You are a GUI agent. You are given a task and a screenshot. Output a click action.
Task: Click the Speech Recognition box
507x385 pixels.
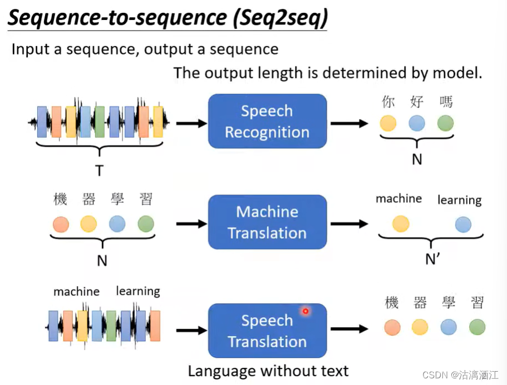[267, 121]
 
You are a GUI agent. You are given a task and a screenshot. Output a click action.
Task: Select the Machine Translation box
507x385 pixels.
[267, 222]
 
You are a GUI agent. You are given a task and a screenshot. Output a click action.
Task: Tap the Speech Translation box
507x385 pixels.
[267, 331]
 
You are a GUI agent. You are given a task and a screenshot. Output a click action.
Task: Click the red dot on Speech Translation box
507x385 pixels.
[305, 311]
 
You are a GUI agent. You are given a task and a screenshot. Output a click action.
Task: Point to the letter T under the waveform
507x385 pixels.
[99, 170]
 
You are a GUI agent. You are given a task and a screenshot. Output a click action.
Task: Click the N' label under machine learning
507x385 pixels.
[432, 259]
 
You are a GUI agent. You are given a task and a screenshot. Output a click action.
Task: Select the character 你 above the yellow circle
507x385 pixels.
[388, 102]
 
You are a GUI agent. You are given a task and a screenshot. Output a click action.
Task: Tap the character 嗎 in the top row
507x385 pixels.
[446, 102]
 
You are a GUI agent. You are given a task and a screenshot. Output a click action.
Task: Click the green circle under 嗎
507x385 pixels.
[445, 123]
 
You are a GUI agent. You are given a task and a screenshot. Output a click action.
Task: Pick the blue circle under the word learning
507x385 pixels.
[462, 224]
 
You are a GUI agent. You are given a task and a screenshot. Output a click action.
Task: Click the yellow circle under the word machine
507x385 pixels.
[400, 224]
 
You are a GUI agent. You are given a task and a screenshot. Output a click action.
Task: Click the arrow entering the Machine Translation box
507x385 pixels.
[190, 224]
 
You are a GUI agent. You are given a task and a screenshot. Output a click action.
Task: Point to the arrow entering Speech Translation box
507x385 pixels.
[190, 330]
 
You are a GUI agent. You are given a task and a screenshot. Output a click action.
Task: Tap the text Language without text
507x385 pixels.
[268, 371]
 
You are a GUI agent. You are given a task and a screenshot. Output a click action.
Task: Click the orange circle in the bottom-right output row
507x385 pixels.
[392, 327]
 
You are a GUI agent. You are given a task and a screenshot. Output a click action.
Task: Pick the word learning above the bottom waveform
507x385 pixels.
[137, 291]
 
